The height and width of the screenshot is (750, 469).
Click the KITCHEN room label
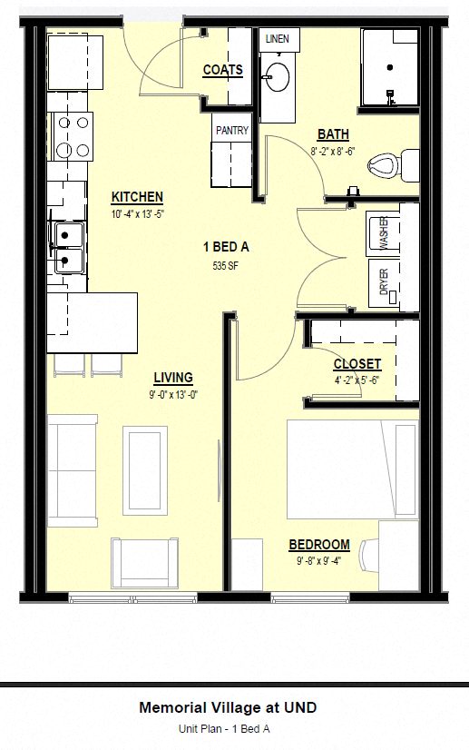coord(137,197)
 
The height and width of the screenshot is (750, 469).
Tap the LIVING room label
coord(172,378)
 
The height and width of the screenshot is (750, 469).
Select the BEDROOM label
coord(318,545)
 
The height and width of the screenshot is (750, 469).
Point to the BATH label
coord(332,134)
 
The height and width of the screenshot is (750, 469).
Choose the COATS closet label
coord(222,70)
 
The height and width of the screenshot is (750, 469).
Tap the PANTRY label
coord(231,131)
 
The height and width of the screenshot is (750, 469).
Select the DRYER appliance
coord(383,281)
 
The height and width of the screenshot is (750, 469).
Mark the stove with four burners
coord(72,135)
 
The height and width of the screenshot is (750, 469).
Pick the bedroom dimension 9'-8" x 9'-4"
coord(318,559)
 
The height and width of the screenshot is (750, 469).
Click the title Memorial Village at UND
coord(228,706)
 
